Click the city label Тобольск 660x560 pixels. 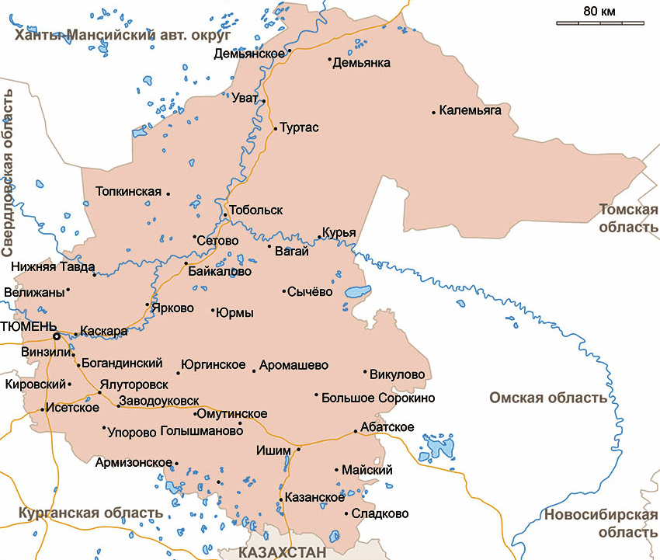pyautogui.click(x=256, y=210)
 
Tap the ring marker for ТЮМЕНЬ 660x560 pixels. pyautogui.click(x=56, y=336)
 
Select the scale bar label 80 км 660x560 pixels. pyautogui.click(x=599, y=11)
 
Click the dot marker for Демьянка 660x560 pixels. pyautogui.click(x=329, y=59)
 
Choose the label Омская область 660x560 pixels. pyautogui.click(x=547, y=398)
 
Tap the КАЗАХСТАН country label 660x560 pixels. pyautogui.click(x=281, y=551)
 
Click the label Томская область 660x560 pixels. pyautogui.click(x=628, y=218)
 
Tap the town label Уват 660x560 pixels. pyautogui.click(x=245, y=98)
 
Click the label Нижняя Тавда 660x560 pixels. pyautogui.click(x=48, y=266)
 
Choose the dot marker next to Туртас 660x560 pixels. pyautogui.click(x=275, y=127)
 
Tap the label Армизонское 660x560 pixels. pyautogui.click(x=133, y=462)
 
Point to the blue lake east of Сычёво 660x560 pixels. pyautogui.click(x=356, y=294)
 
